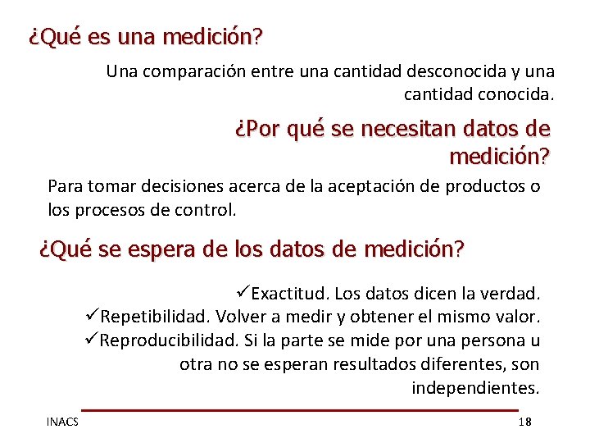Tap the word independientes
point(475,388)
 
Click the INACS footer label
point(62,422)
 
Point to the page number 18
point(525,422)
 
